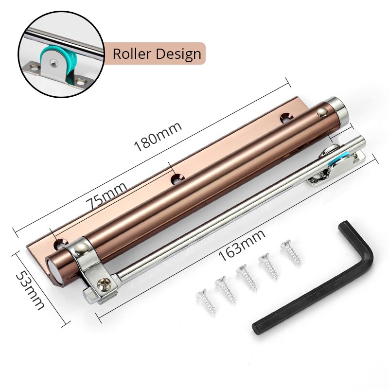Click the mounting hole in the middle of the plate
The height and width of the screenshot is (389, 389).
coord(177,179)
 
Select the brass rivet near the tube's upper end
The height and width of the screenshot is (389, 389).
coord(321,112)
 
